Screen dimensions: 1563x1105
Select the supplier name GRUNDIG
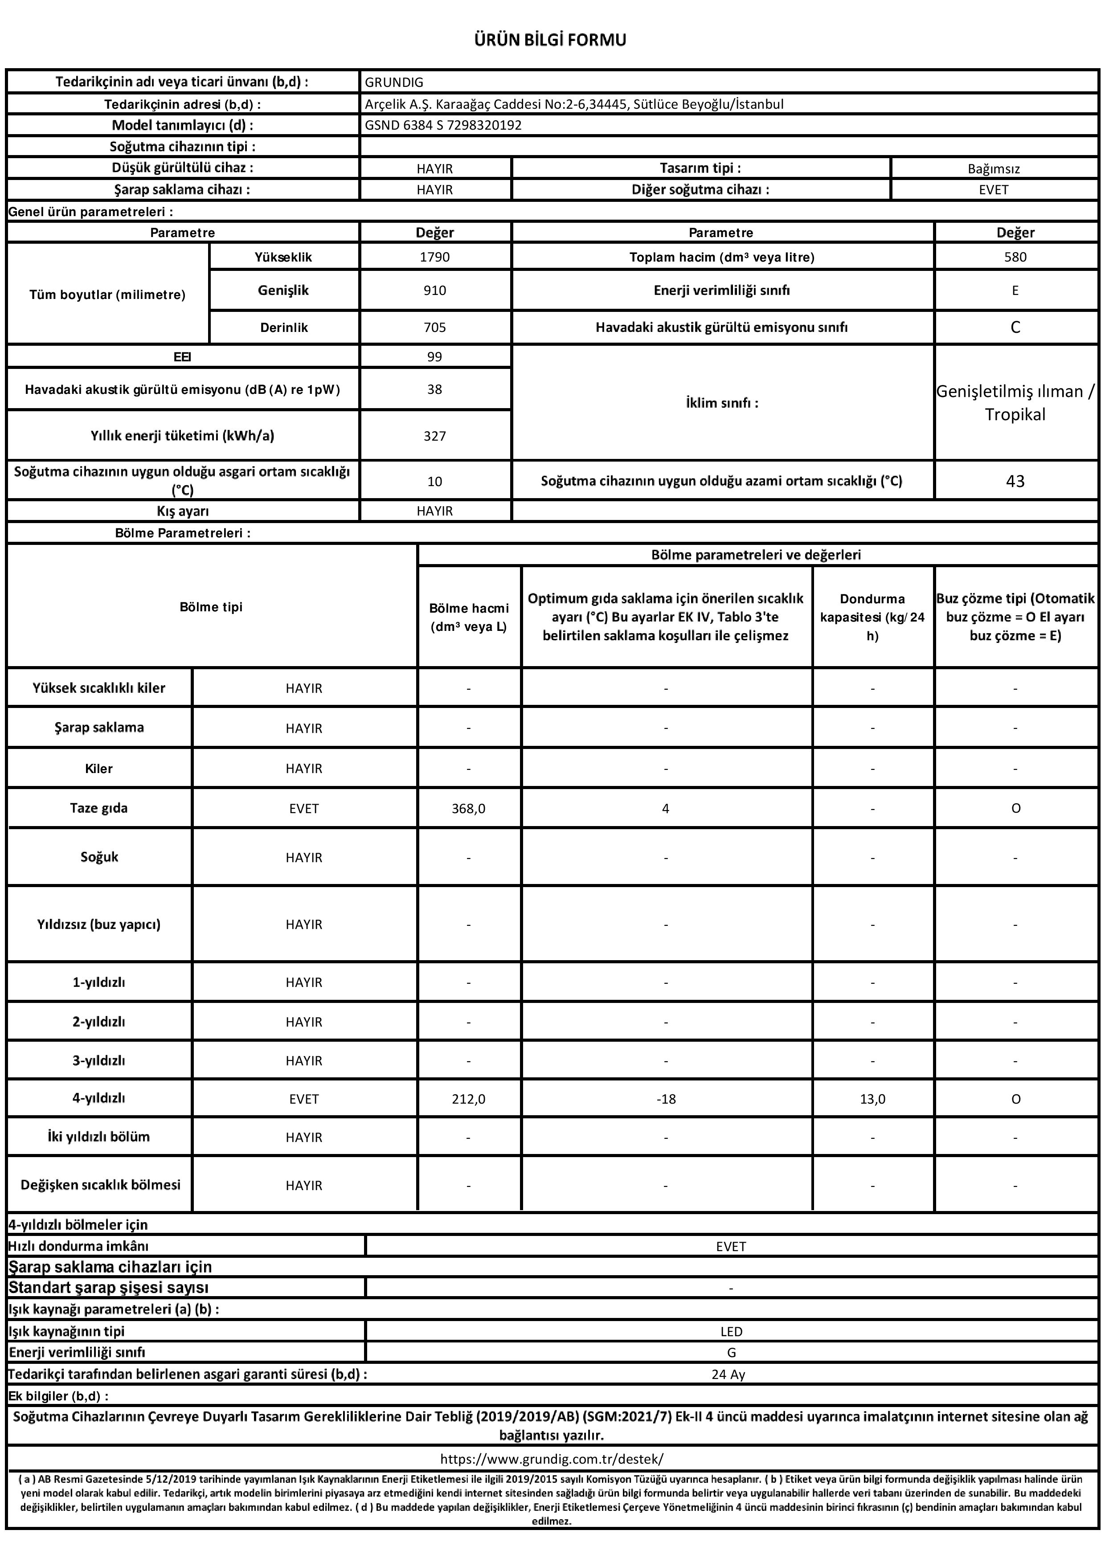click(x=394, y=82)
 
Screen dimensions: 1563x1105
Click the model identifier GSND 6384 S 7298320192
click(x=443, y=125)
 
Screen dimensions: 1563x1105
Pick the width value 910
click(x=434, y=291)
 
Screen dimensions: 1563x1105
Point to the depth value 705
click(x=434, y=327)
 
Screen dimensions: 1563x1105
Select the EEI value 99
click(x=434, y=357)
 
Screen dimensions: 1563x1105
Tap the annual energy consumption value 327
click(x=434, y=436)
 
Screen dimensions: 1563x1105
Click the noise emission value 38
click(x=434, y=389)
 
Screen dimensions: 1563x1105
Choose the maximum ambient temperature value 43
click(x=1015, y=481)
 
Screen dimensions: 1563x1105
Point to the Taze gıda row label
click(x=99, y=808)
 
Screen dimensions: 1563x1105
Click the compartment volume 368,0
click(x=468, y=809)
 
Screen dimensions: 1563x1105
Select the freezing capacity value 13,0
click(x=872, y=1099)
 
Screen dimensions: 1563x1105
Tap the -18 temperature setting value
click(x=665, y=1099)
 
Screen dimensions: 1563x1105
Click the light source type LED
click(x=731, y=1332)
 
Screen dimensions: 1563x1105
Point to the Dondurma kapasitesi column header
click(x=872, y=617)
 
